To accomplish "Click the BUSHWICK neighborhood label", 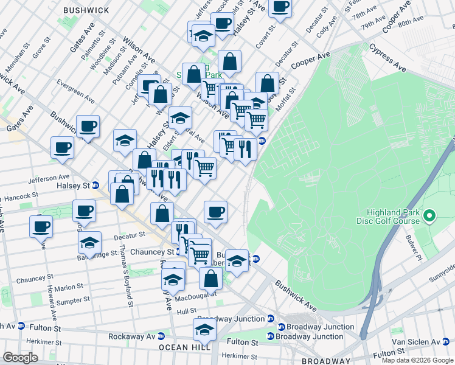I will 86,10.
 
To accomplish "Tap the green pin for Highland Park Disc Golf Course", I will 430,216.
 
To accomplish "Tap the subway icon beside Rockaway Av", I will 161,336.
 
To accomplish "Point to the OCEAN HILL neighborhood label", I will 184,347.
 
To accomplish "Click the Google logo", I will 20,358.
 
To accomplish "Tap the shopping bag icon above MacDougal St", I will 210,277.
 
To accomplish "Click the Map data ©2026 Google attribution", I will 417,360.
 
